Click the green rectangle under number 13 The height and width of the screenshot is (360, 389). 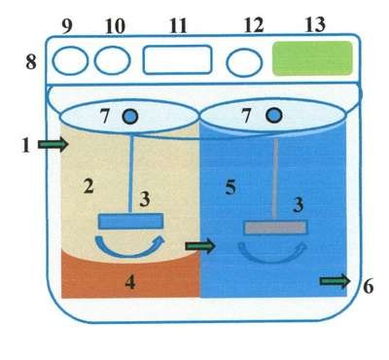pyautogui.click(x=312, y=58)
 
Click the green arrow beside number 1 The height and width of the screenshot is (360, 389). pyautogui.click(x=53, y=145)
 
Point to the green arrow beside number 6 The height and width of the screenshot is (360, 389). pyautogui.click(x=335, y=281)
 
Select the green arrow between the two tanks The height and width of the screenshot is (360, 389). pyautogui.click(x=200, y=246)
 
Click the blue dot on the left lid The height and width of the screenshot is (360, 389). pyautogui.click(x=131, y=116)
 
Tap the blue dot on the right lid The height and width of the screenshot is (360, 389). pyautogui.click(x=274, y=116)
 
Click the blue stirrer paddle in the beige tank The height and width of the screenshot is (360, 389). pyautogui.click(x=130, y=221)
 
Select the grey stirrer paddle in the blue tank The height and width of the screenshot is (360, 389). pyautogui.click(x=275, y=228)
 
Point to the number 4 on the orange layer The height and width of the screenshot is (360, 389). pyautogui.click(x=130, y=282)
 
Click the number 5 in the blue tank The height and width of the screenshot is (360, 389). pyautogui.click(x=230, y=188)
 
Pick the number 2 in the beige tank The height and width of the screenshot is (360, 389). pyautogui.click(x=88, y=186)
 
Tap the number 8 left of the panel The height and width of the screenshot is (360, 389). pyautogui.click(x=31, y=62)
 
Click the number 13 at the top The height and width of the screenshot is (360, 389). pyautogui.click(x=315, y=24)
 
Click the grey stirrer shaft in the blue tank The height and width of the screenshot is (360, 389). pyautogui.click(x=275, y=180)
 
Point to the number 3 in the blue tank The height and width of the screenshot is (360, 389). pyautogui.click(x=298, y=205)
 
